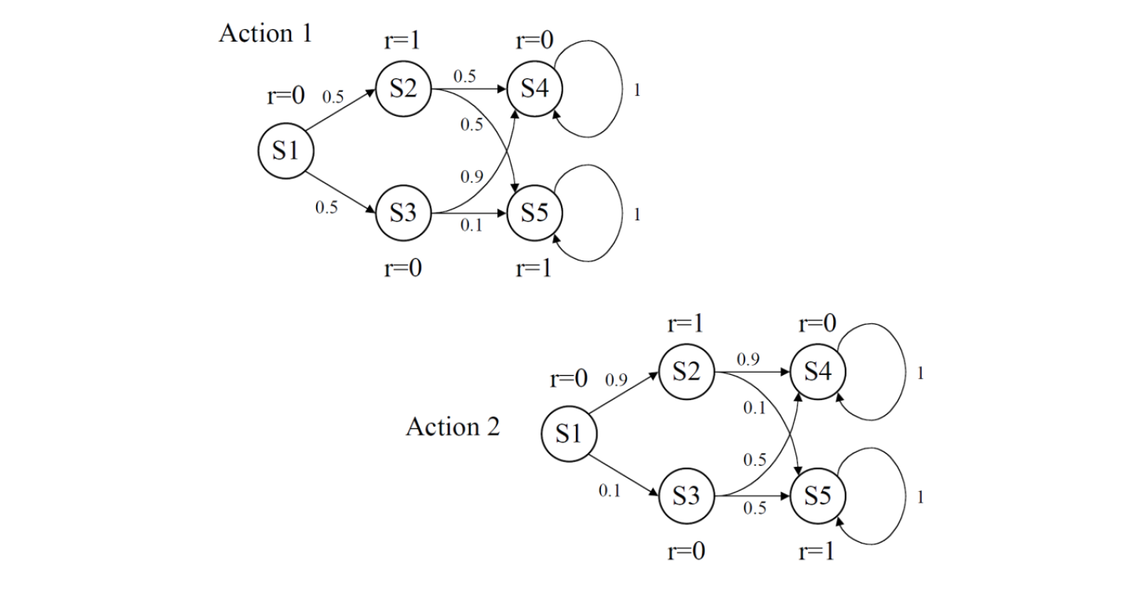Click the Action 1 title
pyautogui.click(x=265, y=34)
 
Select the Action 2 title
pyautogui.click(x=453, y=428)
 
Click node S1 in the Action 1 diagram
pyautogui.click(x=286, y=151)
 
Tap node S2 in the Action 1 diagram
pyautogui.click(x=403, y=89)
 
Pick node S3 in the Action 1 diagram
pyautogui.click(x=403, y=213)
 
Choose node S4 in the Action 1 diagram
pyautogui.click(x=534, y=89)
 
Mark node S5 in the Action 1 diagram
pyautogui.click(x=534, y=213)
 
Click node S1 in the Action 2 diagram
pyautogui.click(x=569, y=434)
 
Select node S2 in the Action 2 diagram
pyautogui.click(x=686, y=372)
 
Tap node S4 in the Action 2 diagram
pyautogui.click(x=817, y=372)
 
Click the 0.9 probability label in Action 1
pyautogui.click(x=471, y=176)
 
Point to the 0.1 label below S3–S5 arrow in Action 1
pyautogui.click(x=471, y=226)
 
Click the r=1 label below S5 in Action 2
pyautogui.click(x=817, y=551)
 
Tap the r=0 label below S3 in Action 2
pyautogui.click(x=686, y=551)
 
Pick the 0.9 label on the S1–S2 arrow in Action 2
pyautogui.click(x=616, y=380)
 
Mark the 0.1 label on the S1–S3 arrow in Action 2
pyautogui.click(x=610, y=491)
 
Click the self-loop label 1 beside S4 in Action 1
pyautogui.click(x=637, y=90)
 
